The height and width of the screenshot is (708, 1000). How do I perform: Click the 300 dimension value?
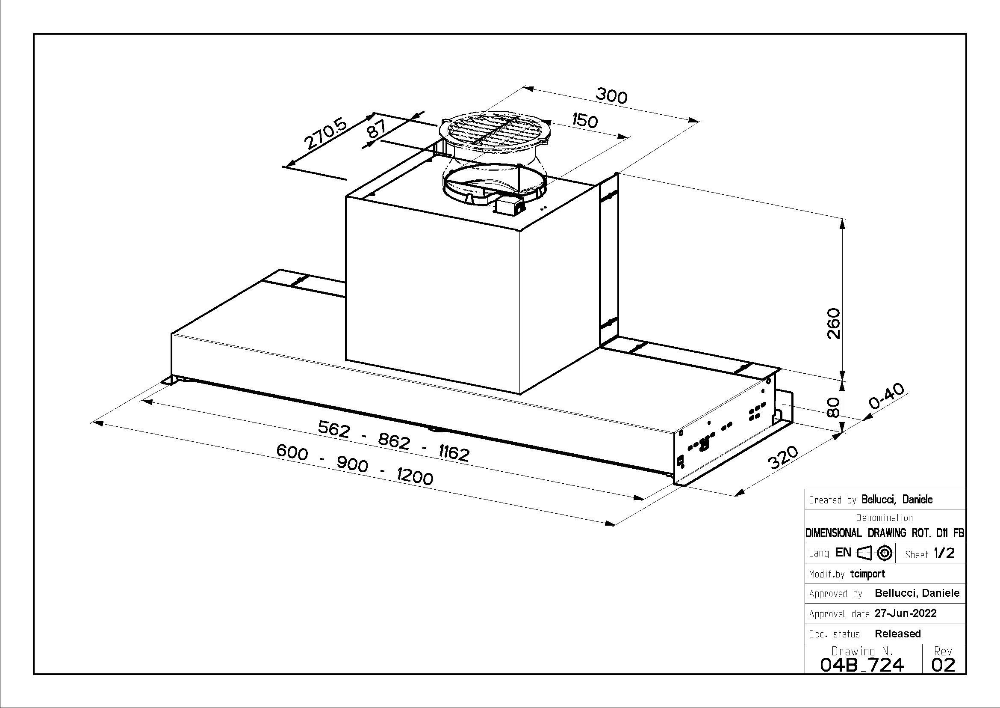coord(611,95)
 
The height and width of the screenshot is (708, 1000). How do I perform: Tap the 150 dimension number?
coord(584,120)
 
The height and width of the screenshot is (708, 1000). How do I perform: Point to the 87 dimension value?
coord(377,129)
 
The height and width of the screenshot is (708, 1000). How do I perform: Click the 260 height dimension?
coord(833,324)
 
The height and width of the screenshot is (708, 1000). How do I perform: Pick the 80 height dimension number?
coord(833,408)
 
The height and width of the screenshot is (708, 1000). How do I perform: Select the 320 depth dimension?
coord(783,457)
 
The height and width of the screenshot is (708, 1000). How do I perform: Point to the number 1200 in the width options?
coord(415,476)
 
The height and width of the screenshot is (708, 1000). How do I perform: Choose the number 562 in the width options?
coord(333,429)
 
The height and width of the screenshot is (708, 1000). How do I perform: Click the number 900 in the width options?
coord(352,465)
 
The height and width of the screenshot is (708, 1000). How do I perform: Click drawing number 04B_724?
coord(862,665)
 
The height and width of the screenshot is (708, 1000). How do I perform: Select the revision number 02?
coord(944,665)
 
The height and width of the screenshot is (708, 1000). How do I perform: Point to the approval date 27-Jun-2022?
coord(906,613)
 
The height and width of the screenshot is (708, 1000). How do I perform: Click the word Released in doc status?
coord(898,634)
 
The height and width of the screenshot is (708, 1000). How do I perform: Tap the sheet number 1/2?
coord(944,553)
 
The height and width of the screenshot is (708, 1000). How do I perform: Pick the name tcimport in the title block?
coord(867,574)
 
